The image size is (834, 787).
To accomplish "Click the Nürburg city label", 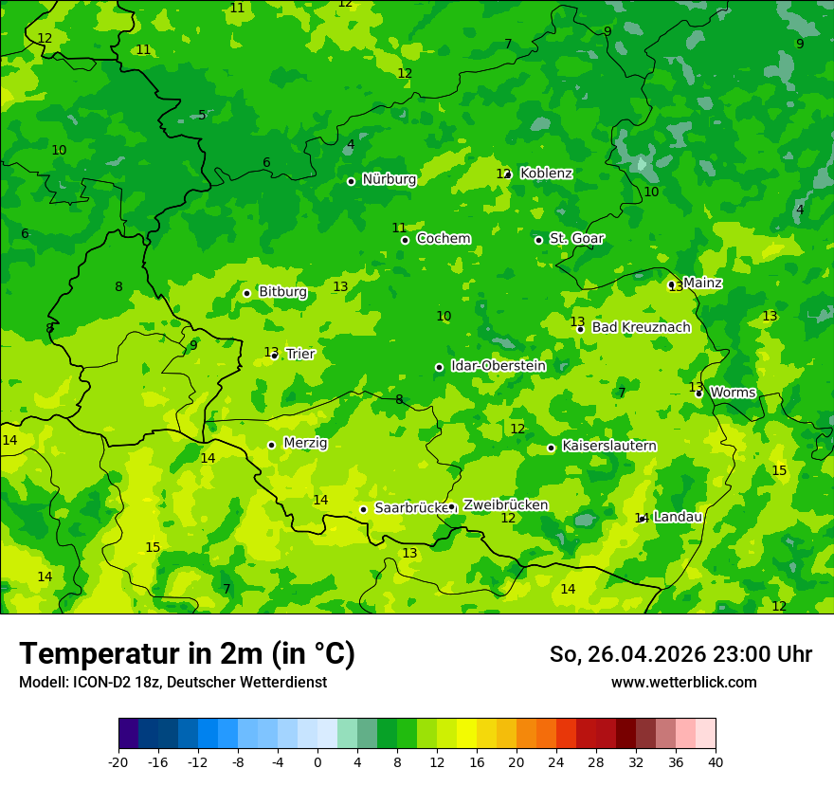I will click(389, 179).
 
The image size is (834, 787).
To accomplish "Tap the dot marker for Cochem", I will click(405, 240).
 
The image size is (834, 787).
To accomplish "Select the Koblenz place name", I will click(546, 174).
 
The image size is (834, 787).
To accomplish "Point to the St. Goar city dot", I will click(538, 240).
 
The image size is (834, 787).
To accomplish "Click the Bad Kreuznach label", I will click(641, 327).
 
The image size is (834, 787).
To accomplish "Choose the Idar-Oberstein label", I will click(498, 366).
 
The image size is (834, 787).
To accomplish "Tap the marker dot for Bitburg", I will click(246, 293).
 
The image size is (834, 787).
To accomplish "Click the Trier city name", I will click(299, 354).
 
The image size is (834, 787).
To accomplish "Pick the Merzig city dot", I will click(271, 445).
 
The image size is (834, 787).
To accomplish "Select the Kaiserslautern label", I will click(608, 446).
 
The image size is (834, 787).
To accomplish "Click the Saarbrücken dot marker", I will click(363, 509).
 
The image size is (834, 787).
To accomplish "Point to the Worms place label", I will click(733, 393).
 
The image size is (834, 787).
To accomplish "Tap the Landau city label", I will click(678, 517).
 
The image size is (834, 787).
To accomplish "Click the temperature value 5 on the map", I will click(202, 115).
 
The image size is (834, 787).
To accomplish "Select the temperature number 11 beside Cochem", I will click(399, 228).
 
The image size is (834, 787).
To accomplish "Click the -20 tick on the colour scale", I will click(118, 761).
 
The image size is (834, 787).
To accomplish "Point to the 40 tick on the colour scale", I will click(716, 761).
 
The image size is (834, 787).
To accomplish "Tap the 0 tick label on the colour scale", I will click(317, 761).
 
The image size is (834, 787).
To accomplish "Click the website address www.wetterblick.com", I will click(683, 682).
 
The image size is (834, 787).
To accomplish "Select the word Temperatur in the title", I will click(89, 653).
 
